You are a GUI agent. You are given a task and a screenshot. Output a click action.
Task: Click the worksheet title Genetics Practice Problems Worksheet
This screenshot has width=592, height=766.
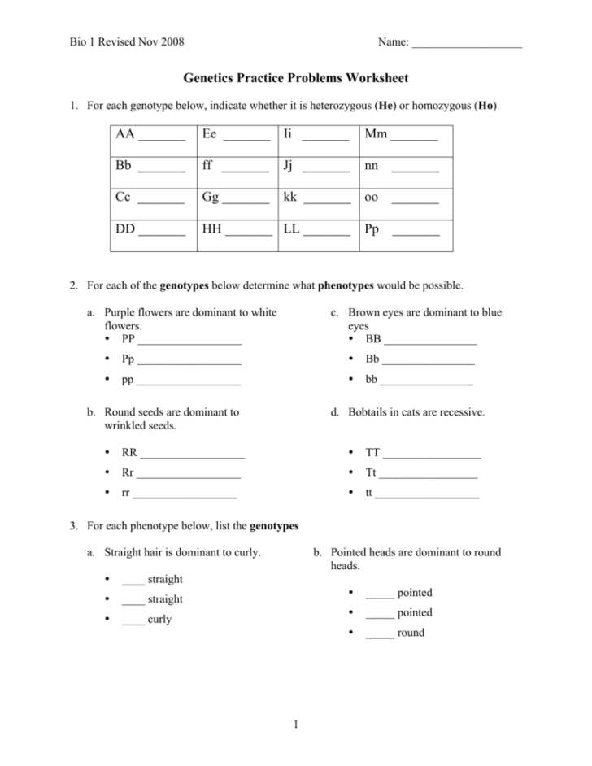(x=295, y=78)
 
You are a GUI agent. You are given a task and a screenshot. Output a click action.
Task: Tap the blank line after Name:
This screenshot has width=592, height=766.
(x=467, y=42)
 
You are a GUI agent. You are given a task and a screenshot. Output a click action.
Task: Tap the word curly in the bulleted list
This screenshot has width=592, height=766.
(x=160, y=619)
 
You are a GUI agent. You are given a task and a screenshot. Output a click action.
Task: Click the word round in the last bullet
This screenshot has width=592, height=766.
(x=411, y=633)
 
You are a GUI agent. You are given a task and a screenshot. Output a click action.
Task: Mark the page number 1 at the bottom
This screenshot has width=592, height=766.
(x=296, y=724)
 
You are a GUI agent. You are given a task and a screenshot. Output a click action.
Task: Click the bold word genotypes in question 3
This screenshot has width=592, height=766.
(x=274, y=526)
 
